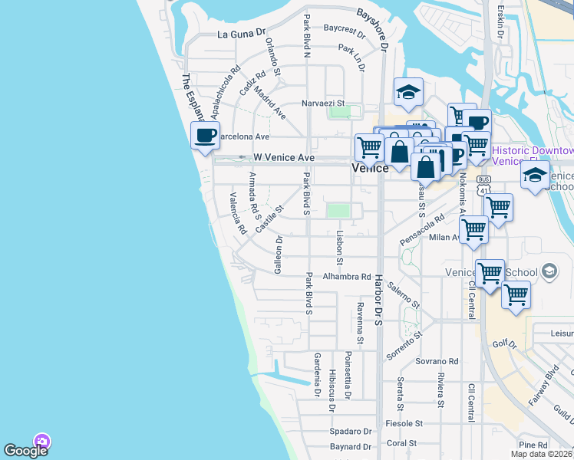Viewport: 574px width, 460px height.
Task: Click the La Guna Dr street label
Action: coord(241,34)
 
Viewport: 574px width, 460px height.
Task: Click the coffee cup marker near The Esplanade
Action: coord(205,136)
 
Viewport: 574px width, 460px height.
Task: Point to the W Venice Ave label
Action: coord(279,157)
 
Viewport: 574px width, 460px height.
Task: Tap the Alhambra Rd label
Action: coord(347,276)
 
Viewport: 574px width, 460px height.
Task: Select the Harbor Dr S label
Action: coord(378,300)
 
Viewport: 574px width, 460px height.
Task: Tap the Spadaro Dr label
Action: coord(351,432)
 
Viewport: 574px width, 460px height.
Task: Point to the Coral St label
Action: coord(402,443)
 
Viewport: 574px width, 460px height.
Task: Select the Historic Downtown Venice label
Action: coord(533,156)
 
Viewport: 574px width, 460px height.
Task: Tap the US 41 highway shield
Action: coord(483,182)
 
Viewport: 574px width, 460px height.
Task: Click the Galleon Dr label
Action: coord(279,255)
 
